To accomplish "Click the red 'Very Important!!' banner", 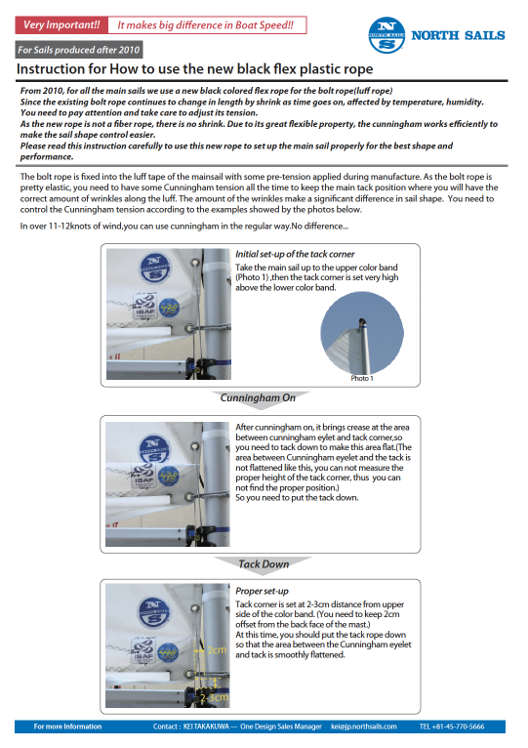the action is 61,25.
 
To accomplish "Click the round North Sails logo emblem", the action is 386,35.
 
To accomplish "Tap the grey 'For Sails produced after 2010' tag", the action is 79,50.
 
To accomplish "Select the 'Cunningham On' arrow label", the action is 258,397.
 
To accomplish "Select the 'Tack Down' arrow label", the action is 264,564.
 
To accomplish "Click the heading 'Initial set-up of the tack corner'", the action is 295,254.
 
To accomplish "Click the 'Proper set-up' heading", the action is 262,591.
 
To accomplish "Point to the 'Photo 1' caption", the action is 362,378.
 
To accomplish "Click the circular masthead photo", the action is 362,333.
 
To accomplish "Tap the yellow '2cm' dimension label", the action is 217,649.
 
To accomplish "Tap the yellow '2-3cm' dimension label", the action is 214,697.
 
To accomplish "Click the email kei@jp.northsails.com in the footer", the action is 364,727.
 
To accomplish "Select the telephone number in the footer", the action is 452,727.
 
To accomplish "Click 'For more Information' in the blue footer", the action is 67,727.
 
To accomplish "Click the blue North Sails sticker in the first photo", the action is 154,268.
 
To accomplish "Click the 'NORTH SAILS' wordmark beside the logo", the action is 458,36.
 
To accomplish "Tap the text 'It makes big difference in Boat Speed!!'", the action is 206,25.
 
